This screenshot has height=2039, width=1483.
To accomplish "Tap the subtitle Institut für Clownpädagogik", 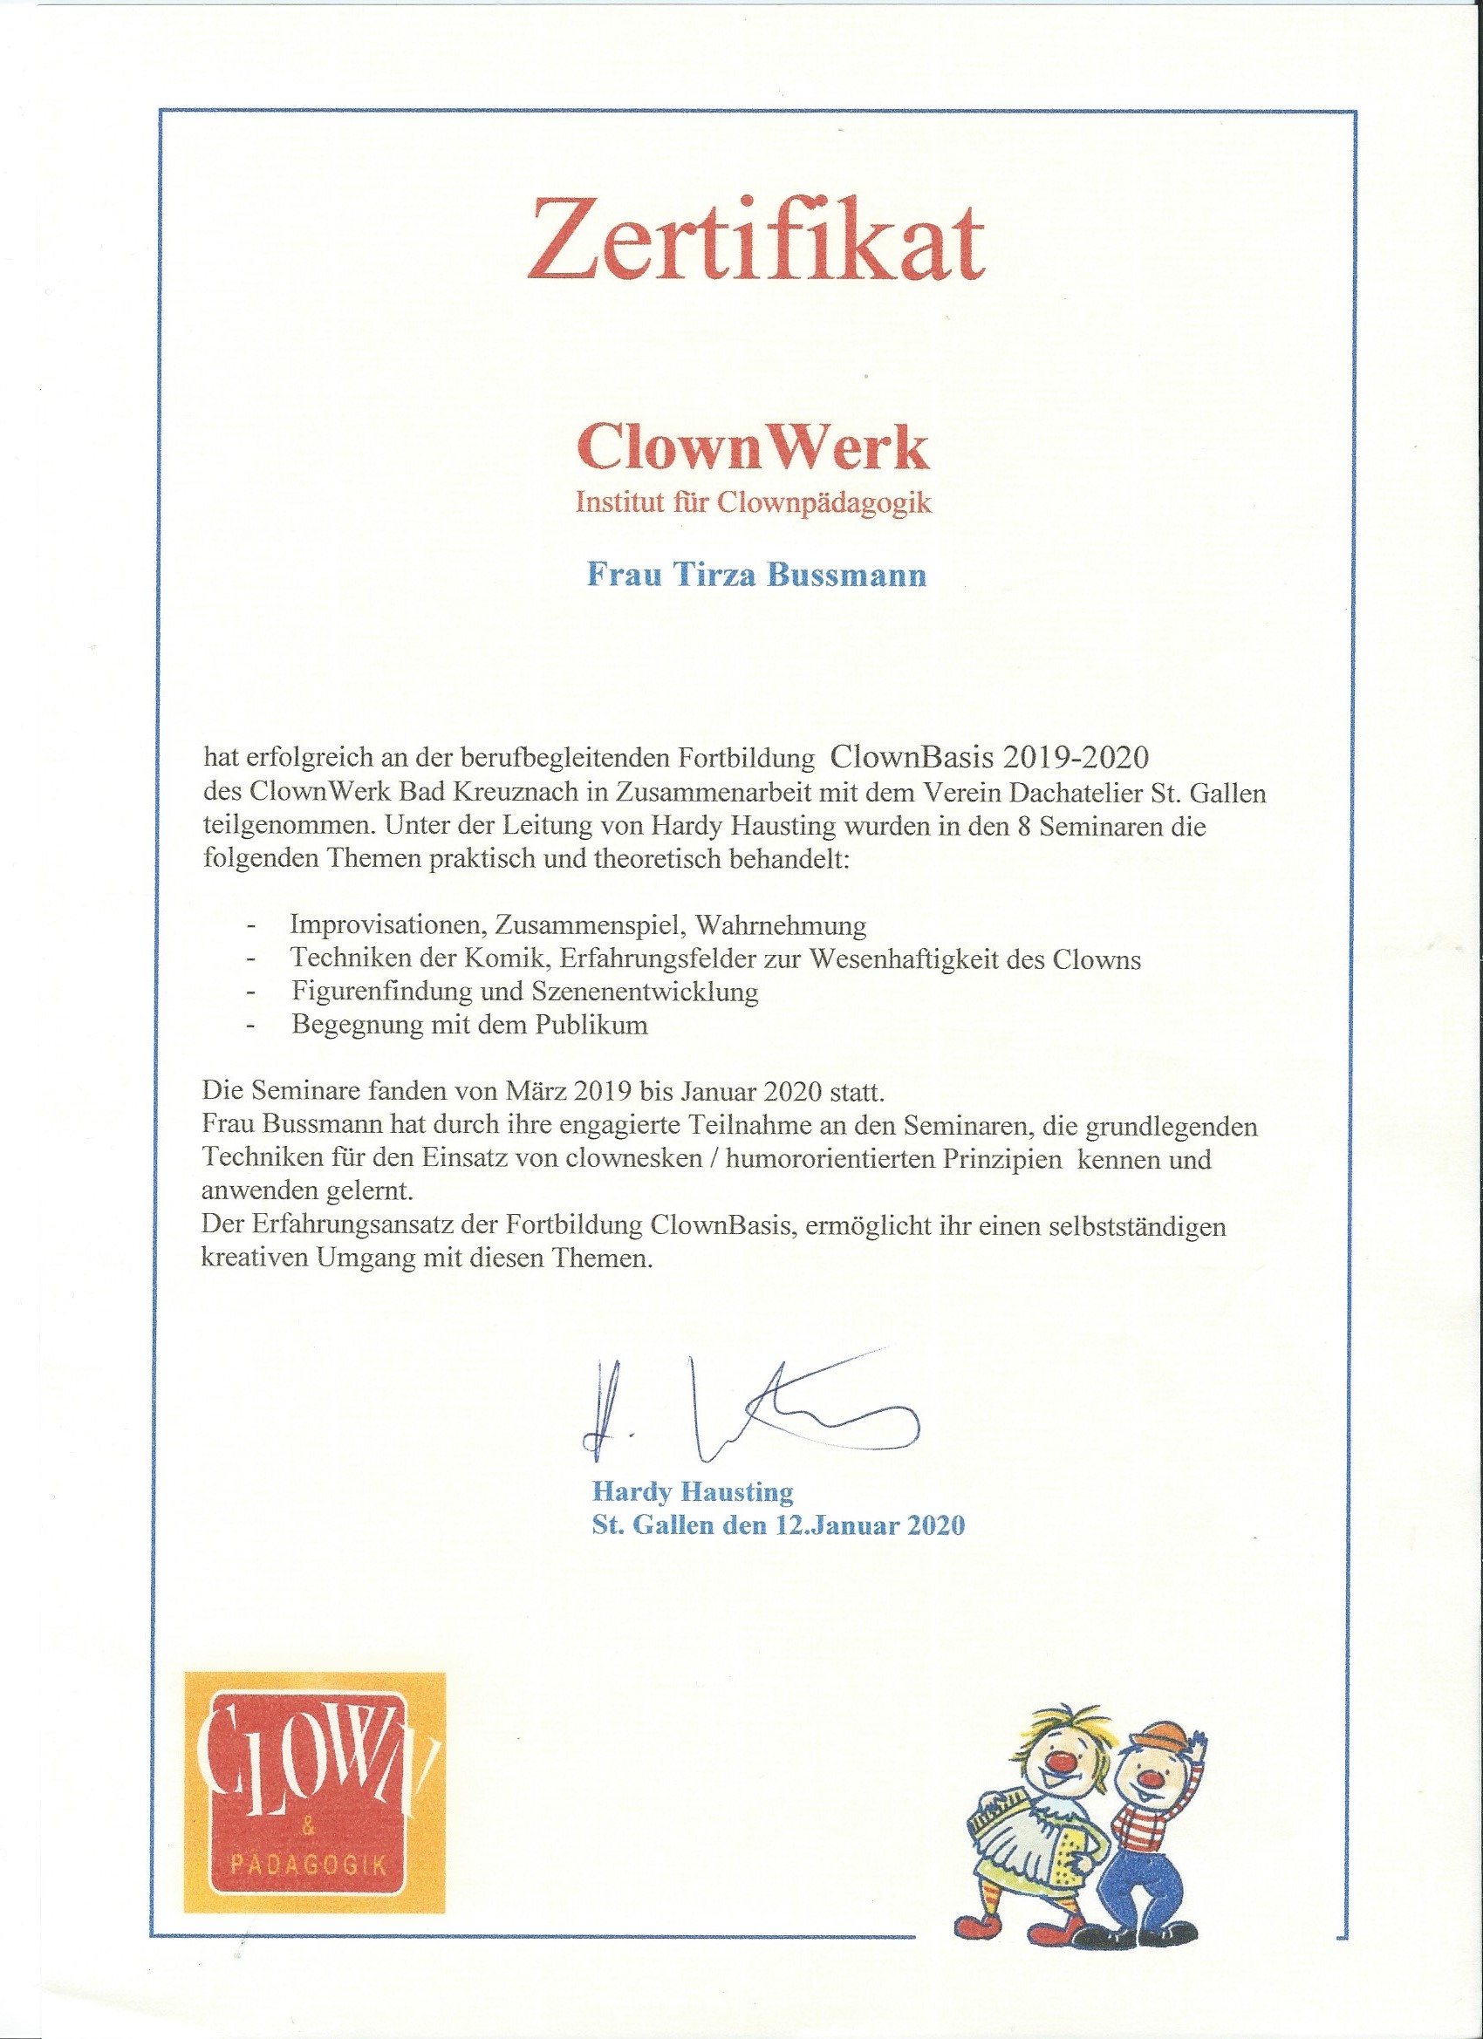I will (753, 501).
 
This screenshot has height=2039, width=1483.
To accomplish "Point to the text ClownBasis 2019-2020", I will (989, 757).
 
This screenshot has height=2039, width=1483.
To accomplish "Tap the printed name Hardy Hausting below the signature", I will (693, 1492).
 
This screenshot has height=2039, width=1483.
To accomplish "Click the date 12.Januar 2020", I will (870, 1525).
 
